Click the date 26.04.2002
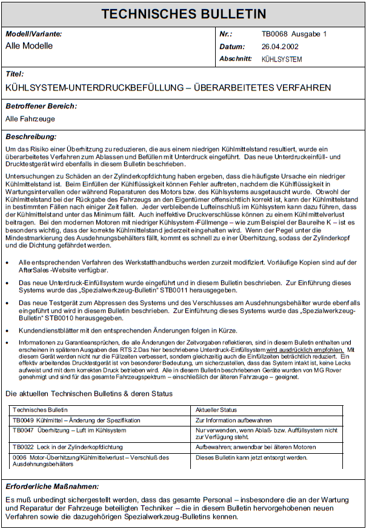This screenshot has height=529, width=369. point(281,47)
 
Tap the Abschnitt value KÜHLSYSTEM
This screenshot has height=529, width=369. point(282,59)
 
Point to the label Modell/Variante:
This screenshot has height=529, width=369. point(33,35)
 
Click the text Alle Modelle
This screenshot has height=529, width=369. point(29,46)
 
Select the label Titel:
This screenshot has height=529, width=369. point(15,74)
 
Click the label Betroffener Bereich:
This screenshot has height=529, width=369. point(41,107)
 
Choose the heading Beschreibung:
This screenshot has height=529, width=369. point(31,136)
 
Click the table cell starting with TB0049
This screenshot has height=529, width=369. point(76,420)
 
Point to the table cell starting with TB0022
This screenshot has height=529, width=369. point(67,447)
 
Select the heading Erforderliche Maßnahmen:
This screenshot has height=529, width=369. point(52,487)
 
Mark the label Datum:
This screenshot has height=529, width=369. point(232,47)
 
